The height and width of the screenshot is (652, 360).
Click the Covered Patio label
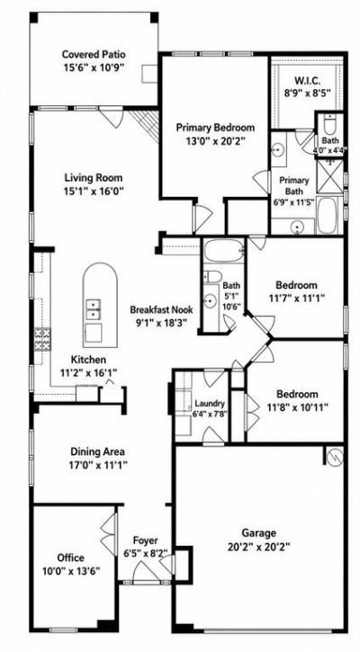(x=94, y=55)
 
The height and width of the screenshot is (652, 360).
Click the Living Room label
(x=94, y=178)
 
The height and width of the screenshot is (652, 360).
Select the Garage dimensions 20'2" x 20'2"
(x=258, y=546)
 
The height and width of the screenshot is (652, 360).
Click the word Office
(x=70, y=558)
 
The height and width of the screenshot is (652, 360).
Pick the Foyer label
(x=145, y=541)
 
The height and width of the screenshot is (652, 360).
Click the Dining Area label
(x=97, y=451)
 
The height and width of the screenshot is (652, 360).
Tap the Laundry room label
(x=210, y=404)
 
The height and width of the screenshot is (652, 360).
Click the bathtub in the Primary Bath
(x=329, y=216)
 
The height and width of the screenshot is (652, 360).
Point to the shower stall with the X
(x=329, y=176)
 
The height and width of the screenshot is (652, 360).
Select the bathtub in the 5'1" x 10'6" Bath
(x=223, y=251)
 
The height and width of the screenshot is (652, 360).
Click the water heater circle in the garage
(x=335, y=456)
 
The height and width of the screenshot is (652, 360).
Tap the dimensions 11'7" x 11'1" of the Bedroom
(x=297, y=298)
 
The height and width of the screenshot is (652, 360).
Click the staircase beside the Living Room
(x=143, y=126)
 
